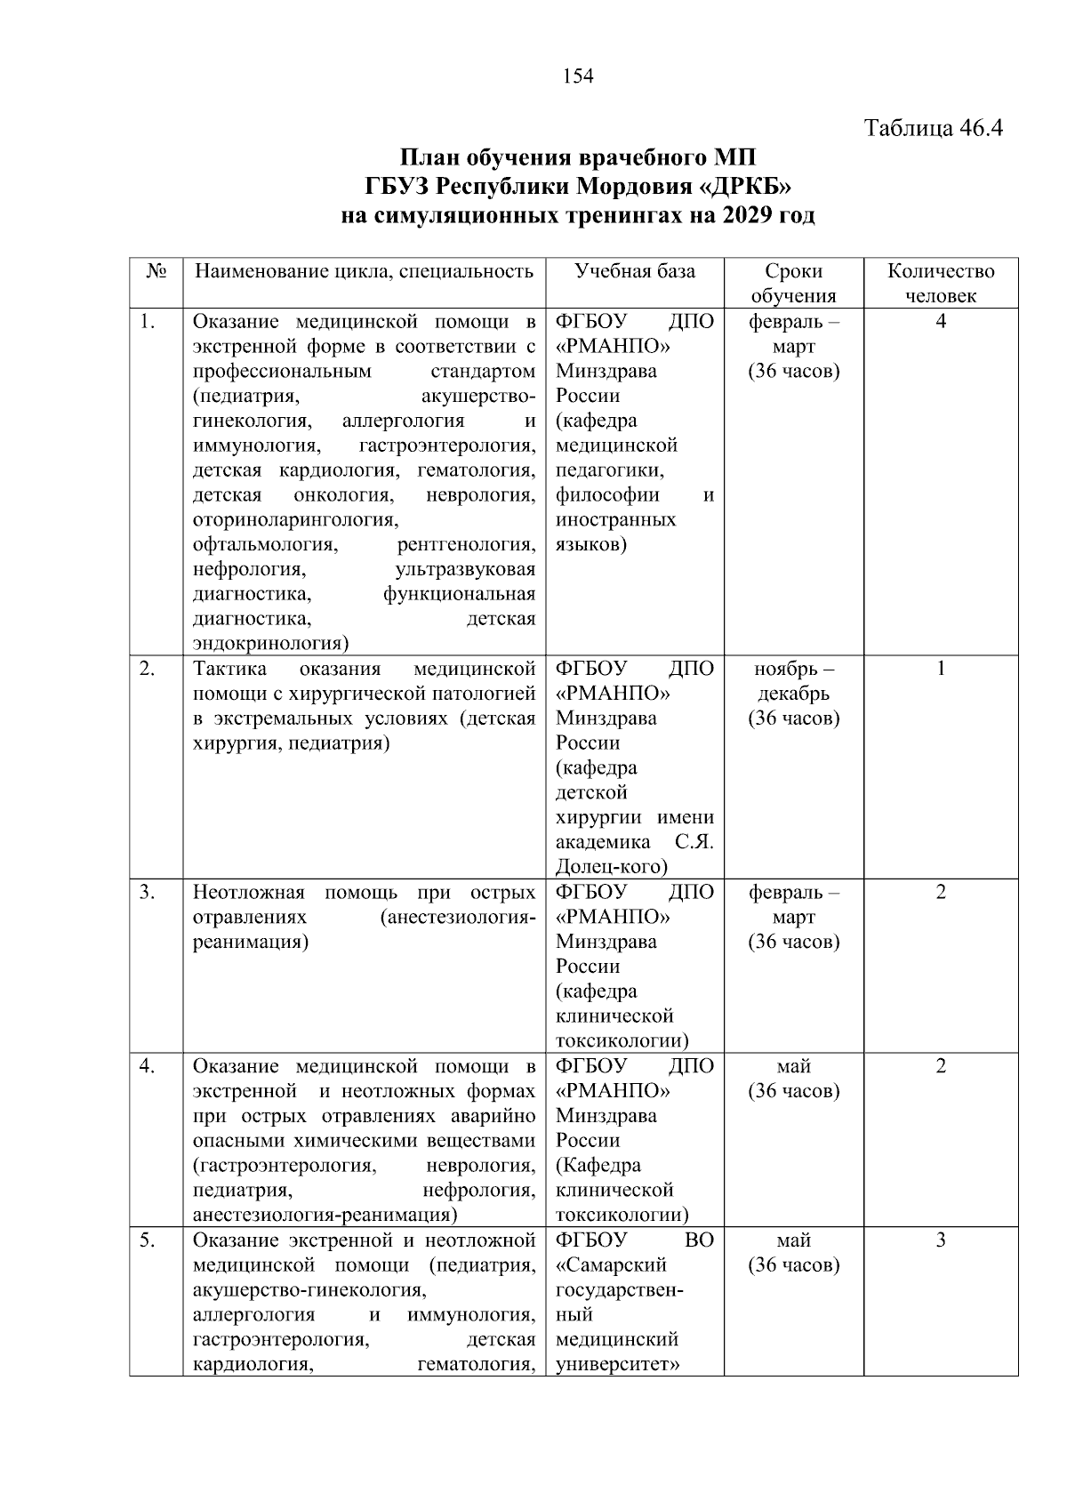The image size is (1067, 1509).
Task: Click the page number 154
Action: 578,76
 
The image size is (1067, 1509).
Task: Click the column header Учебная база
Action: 634,271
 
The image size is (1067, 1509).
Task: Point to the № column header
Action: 156,271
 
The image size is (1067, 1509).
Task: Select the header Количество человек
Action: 941,283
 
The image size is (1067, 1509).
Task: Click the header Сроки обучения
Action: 793,283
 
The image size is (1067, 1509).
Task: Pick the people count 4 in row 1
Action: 941,322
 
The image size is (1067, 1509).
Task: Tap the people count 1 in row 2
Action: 941,669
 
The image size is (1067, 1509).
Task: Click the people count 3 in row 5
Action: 941,1240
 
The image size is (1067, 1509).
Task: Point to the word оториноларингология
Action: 296,520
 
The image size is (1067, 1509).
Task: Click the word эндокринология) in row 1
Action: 270,644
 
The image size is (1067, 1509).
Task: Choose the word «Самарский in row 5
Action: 611,1265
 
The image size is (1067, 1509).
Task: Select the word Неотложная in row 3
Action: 248,893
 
